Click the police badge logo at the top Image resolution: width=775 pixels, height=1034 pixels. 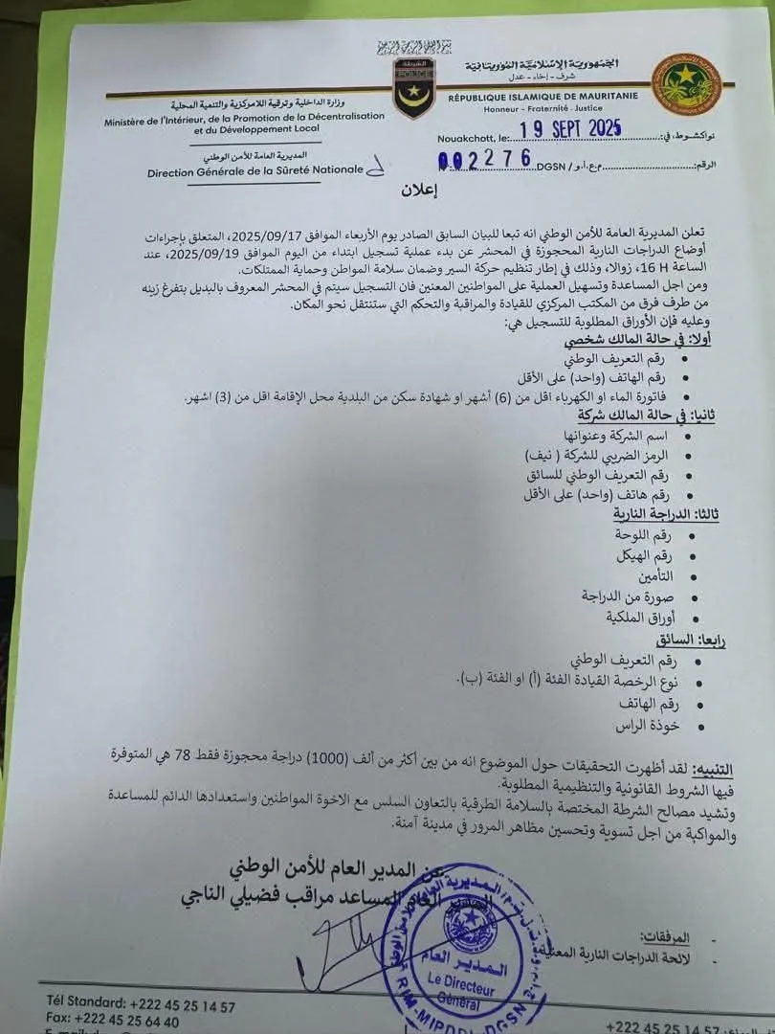(x=414, y=84)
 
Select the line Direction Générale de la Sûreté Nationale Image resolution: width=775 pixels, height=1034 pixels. (x=255, y=171)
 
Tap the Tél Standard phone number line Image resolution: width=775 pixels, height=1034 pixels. (x=141, y=1005)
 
